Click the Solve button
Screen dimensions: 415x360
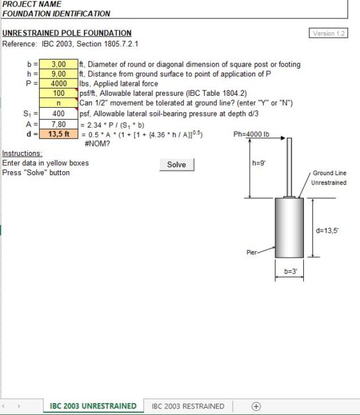[x=176, y=165]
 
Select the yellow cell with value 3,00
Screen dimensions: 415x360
[x=59, y=65]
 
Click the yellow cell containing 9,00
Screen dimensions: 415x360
[x=59, y=74]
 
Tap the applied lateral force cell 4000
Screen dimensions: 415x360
[x=59, y=84]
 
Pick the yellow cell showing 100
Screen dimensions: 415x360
[x=59, y=94]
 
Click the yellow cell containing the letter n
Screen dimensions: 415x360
[x=59, y=103]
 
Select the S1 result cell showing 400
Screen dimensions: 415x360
[x=59, y=114]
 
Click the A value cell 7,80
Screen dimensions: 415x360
[x=59, y=124]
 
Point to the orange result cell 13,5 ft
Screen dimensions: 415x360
[x=59, y=133]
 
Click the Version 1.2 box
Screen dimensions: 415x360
[x=328, y=33]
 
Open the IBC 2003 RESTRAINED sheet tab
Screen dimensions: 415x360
[x=188, y=406]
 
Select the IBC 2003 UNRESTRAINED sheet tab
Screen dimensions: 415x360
[x=93, y=406]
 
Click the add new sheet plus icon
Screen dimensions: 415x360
[x=256, y=406]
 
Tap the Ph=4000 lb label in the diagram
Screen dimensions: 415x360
[x=252, y=134]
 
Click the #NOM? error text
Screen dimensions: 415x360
[x=97, y=143]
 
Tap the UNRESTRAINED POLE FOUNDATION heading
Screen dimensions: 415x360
[x=67, y=33]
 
